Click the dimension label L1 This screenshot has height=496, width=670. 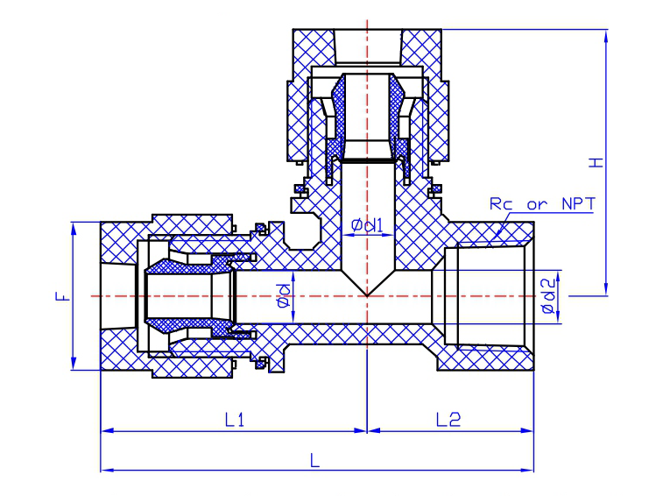tap(235, 420)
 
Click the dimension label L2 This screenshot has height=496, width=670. tap(448, 420)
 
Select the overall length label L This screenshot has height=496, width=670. tap(314, 461)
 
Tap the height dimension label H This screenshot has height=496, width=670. tap(596, 162)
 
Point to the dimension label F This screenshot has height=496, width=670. tap(63, 296)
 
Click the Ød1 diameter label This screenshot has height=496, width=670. tap(367, 225)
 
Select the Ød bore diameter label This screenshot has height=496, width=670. tap(283, 295)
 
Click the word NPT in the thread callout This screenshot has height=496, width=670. tap(578, 203)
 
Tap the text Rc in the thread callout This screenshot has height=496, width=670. tap(501, 203)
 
